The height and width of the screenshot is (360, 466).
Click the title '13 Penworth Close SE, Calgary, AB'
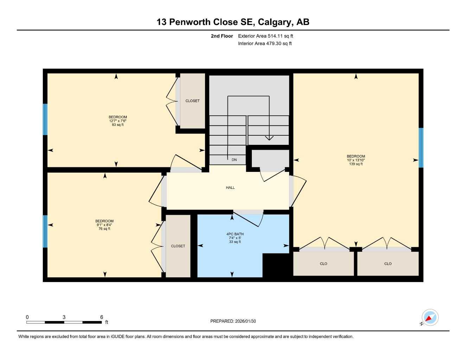click(x=233, y=22)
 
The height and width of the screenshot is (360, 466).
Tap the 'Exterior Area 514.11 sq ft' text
click(x=266, y=36)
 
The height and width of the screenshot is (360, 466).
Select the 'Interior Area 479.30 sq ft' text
click(x=265, y=44)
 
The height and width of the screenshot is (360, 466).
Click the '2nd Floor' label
click(x=222, y=36)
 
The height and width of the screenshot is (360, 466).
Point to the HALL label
click(x=230, y=188)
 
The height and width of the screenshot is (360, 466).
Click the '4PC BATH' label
click(x=235, y=234)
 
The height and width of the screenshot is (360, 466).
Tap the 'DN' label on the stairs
click(x=234, y=160)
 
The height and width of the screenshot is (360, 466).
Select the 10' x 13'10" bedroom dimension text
click(x=356, y=160)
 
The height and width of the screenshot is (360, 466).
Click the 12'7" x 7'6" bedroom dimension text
click(x=117, y=121)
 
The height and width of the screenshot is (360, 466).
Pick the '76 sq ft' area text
click(x=104, y=229)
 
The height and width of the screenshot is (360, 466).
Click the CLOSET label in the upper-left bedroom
click(x=192, y=101)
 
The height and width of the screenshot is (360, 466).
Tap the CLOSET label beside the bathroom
click(x=178, y=246)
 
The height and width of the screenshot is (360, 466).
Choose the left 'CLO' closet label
click(x=324, y=264)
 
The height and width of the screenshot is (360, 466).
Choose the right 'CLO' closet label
click(x=388, y=264)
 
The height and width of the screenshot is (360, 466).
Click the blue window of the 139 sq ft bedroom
click(x=421, y=148)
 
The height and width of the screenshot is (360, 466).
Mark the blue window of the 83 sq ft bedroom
click(x=45, y=119)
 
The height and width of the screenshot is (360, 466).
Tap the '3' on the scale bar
click(x=64, y=317)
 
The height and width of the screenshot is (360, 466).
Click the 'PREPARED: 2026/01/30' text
click(x=233, y=321)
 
